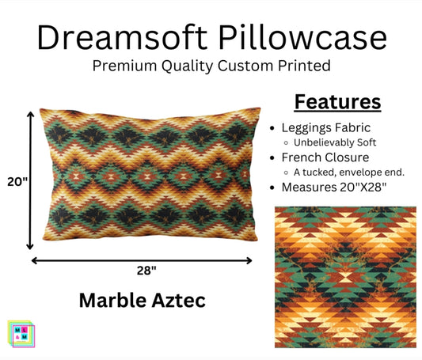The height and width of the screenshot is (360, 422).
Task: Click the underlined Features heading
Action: click(338, 102)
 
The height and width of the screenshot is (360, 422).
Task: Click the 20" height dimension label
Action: click(14, 181)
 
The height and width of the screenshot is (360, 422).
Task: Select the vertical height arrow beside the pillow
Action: click(31, 180)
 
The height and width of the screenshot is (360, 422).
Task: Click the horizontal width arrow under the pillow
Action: click(142, 259)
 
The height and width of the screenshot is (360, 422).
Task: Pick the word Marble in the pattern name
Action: click(111, 300)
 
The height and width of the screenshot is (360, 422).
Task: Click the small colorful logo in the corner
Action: click(19, 332)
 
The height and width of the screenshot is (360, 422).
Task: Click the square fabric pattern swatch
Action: click(345, 278)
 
